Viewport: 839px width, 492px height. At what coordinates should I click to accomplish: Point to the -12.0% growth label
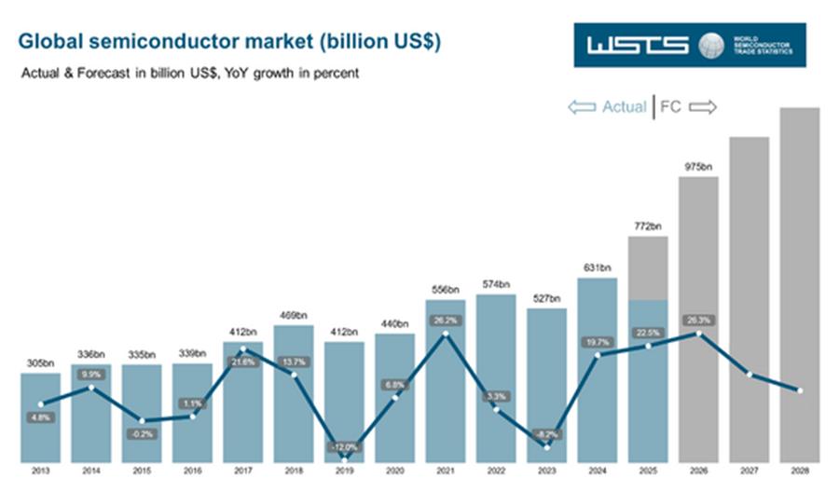point(345,446)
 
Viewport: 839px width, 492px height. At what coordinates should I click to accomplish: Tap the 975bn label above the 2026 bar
point(698,166)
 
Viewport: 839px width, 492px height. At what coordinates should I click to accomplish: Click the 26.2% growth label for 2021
point(446,320)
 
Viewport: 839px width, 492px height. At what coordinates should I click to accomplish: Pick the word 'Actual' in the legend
point(624,107)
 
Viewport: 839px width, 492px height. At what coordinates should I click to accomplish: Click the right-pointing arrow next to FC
point(703,107)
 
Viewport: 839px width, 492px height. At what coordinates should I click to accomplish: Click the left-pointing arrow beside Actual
point(582,107)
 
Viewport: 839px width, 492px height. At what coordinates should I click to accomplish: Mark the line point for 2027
point(750,375)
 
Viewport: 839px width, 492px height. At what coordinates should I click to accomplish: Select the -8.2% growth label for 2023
point(547,434)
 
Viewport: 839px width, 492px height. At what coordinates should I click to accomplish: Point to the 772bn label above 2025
point(648,225)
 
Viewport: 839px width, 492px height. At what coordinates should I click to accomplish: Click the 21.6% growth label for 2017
point(242,362)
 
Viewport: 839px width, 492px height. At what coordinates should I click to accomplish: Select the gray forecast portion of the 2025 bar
point(648,268)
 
